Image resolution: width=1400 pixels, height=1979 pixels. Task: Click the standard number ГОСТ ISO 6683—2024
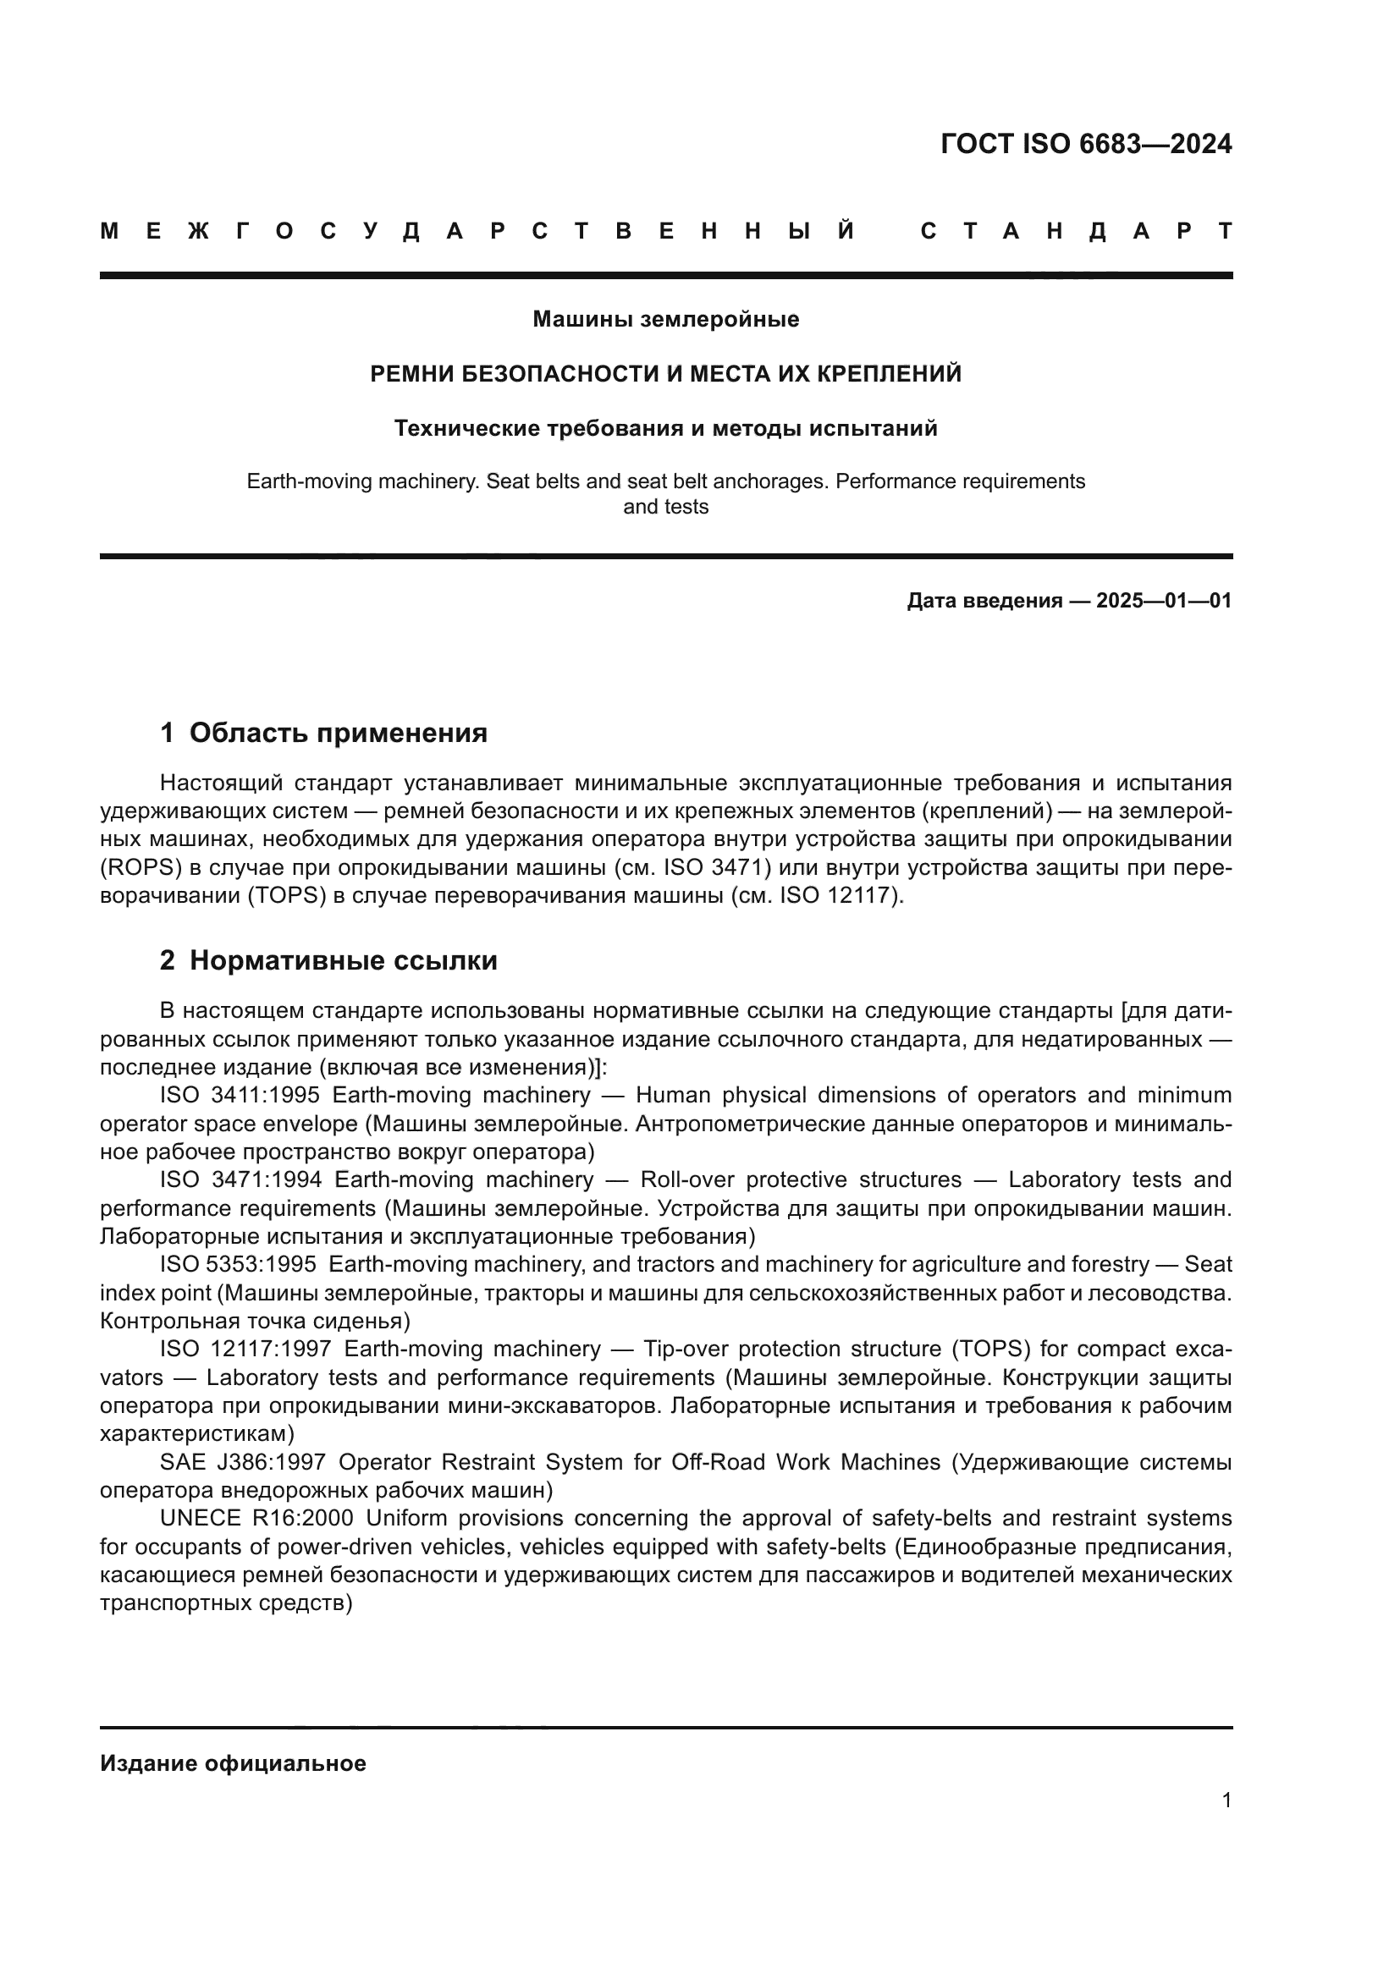(1085, 144)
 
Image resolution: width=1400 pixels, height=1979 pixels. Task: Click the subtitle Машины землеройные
(665, 320)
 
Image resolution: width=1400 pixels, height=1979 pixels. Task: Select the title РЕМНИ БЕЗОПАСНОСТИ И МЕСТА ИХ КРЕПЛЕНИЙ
(665, 374)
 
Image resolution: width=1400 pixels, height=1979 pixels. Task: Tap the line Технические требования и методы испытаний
(665, 428)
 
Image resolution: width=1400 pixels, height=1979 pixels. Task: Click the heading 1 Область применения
(323, 733)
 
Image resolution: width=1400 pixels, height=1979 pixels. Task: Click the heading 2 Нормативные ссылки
(328, 960)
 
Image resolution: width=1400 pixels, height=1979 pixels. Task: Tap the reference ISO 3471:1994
(240, 1180)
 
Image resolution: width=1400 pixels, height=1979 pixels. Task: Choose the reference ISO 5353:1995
(238, 1264)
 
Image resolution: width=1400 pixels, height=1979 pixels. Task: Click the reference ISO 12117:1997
(245, 1349)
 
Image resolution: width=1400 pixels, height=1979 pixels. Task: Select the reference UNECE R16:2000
(256, 1519)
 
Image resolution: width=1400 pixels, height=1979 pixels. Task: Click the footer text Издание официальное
(233, 1763)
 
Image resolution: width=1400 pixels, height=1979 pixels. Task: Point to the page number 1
(1226, 1800)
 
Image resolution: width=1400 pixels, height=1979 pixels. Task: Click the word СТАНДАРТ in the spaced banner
(1076, 231)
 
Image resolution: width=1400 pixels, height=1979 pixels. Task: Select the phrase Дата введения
(984, 601)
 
